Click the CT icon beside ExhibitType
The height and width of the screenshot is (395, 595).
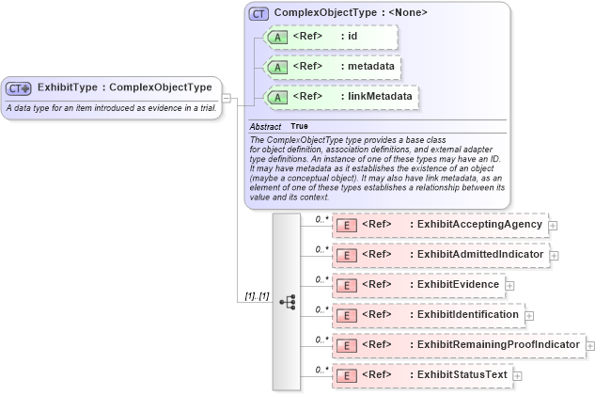tap(19, 87)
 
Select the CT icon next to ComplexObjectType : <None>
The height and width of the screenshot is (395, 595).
tap(259, 14)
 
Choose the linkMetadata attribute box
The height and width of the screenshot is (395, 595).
tap(339, 96)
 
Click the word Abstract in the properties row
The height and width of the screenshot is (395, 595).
tap(265, 126)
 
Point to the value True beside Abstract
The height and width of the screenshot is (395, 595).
tap(299, 126)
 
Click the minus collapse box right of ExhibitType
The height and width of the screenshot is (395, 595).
tap(227, 97)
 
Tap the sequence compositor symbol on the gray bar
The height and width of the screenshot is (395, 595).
tap(288, 302)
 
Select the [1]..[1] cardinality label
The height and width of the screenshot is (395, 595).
tap(257, 296)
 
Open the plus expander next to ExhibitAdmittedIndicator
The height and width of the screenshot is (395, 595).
tap(554, 255)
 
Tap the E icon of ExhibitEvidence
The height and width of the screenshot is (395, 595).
tap(346, 285)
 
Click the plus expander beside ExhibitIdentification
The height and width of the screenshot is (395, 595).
tap(530, 315)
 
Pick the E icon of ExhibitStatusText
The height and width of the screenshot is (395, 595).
tap(346, 375)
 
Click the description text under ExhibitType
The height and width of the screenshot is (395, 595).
tap(111, 108)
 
